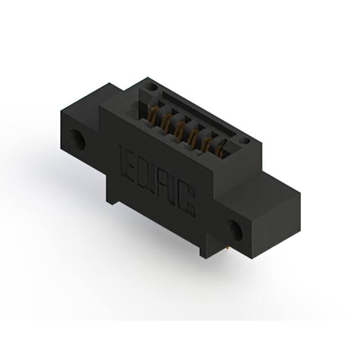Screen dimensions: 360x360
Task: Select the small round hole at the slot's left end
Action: coord(150,87)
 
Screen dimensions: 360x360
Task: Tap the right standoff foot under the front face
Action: coord(201,253)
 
